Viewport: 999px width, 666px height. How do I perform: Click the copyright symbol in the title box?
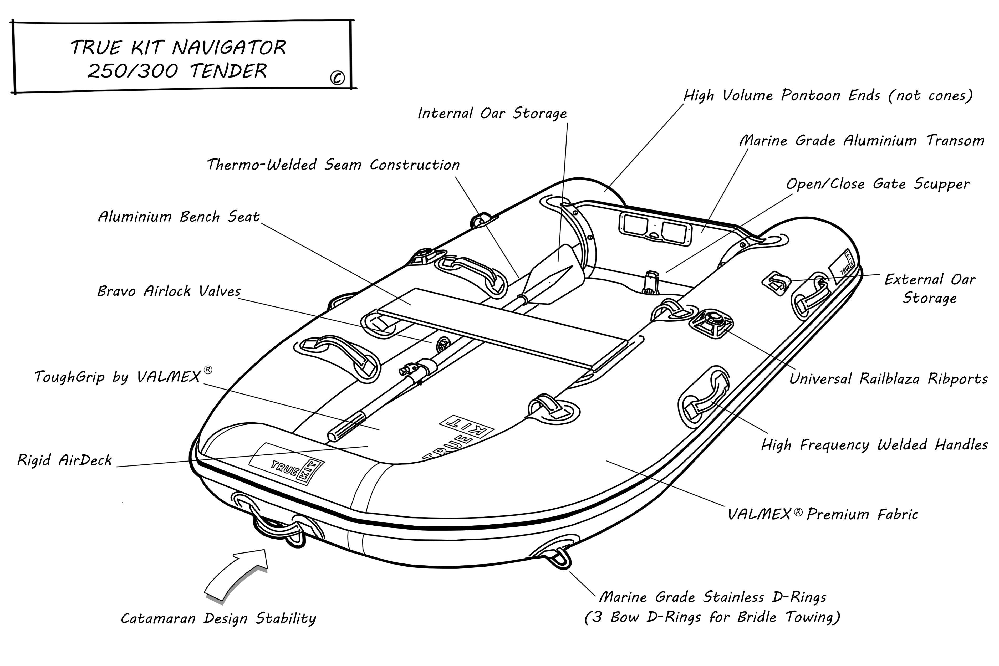(337, 78)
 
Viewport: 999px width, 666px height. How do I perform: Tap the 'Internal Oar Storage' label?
(492, 113)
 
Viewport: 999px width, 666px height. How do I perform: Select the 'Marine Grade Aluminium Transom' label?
(862, 141)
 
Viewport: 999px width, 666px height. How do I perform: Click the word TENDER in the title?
(228, 71)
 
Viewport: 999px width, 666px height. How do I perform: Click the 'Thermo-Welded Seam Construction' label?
(333, 165)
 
